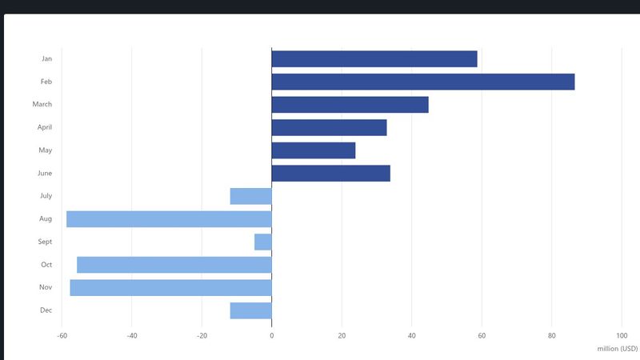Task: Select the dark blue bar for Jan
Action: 374,59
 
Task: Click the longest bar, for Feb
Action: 423,82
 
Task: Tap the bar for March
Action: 350,105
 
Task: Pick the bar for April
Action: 329,127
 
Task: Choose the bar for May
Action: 314,150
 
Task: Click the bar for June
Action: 331,174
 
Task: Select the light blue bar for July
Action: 251,196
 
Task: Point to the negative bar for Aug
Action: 169,219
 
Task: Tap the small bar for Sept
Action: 263,242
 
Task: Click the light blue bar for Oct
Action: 174,265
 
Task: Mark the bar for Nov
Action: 171,287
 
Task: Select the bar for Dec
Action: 251,310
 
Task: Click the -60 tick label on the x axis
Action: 62,336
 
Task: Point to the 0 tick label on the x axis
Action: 272,336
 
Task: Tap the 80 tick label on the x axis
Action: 552,336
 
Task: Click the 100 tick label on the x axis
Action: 622,336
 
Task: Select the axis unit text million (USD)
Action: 617,349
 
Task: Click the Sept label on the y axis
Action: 45,242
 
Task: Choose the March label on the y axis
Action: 42,105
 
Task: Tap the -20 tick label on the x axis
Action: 202,336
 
